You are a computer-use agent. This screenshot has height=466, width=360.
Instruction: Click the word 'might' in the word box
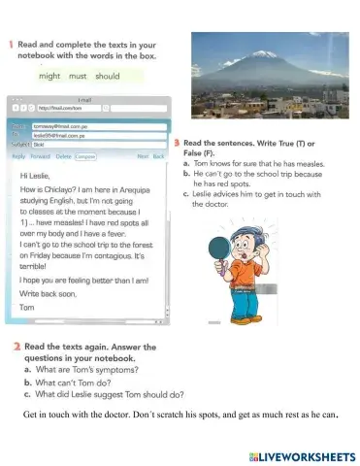pos(49,76)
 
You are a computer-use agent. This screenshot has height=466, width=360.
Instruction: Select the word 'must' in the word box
pos(79,76)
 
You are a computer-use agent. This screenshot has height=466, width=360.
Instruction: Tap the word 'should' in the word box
pos(108,76)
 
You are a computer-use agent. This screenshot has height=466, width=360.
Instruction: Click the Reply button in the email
pos(18,155)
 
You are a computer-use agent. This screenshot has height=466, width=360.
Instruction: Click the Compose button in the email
pos(86,155)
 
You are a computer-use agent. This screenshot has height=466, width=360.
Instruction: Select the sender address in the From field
pos(55,125)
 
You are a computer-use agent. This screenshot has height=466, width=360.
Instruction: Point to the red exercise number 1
pos(10,46)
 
